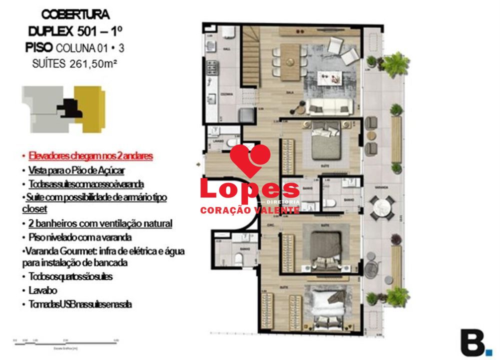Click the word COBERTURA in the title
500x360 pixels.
point(76,14)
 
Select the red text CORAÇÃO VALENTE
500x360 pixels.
point(249,210)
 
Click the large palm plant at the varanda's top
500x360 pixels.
point(394,63)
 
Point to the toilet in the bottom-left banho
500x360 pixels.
point(238,258)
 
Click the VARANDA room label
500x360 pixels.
point(381,186)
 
